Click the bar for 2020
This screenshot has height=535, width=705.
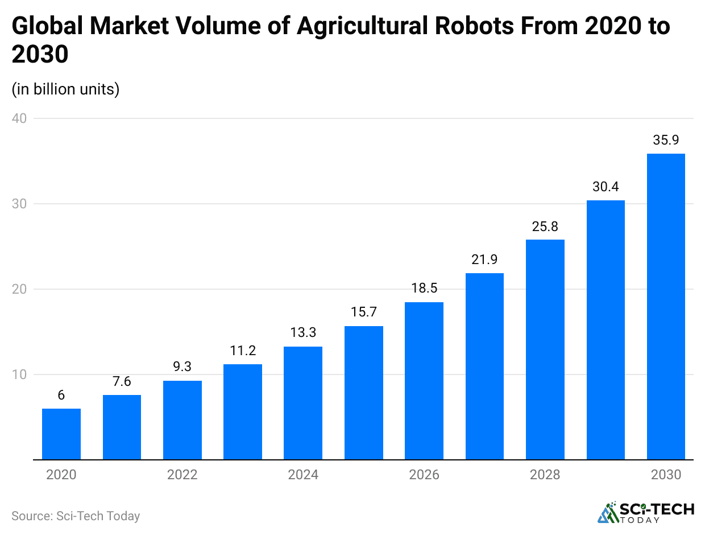(61, 434)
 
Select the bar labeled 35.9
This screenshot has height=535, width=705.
(666, 306)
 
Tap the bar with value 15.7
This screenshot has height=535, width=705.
(364, 393)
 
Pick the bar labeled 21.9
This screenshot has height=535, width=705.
(484, 366)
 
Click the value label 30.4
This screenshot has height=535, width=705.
(606, 186)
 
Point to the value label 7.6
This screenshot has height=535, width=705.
(122, 381)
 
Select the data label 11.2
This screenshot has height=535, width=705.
(243, 351)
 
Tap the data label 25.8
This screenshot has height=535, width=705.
(545, 226)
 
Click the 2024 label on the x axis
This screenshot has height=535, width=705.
(303, 475)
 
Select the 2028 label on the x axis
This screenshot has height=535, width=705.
(545, 475)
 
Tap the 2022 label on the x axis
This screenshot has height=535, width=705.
(183, 475)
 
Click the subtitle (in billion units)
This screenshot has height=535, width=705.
(65, 89)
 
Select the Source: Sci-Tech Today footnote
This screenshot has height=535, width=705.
(76, 516)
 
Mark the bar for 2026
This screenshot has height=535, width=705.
(424, 381)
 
